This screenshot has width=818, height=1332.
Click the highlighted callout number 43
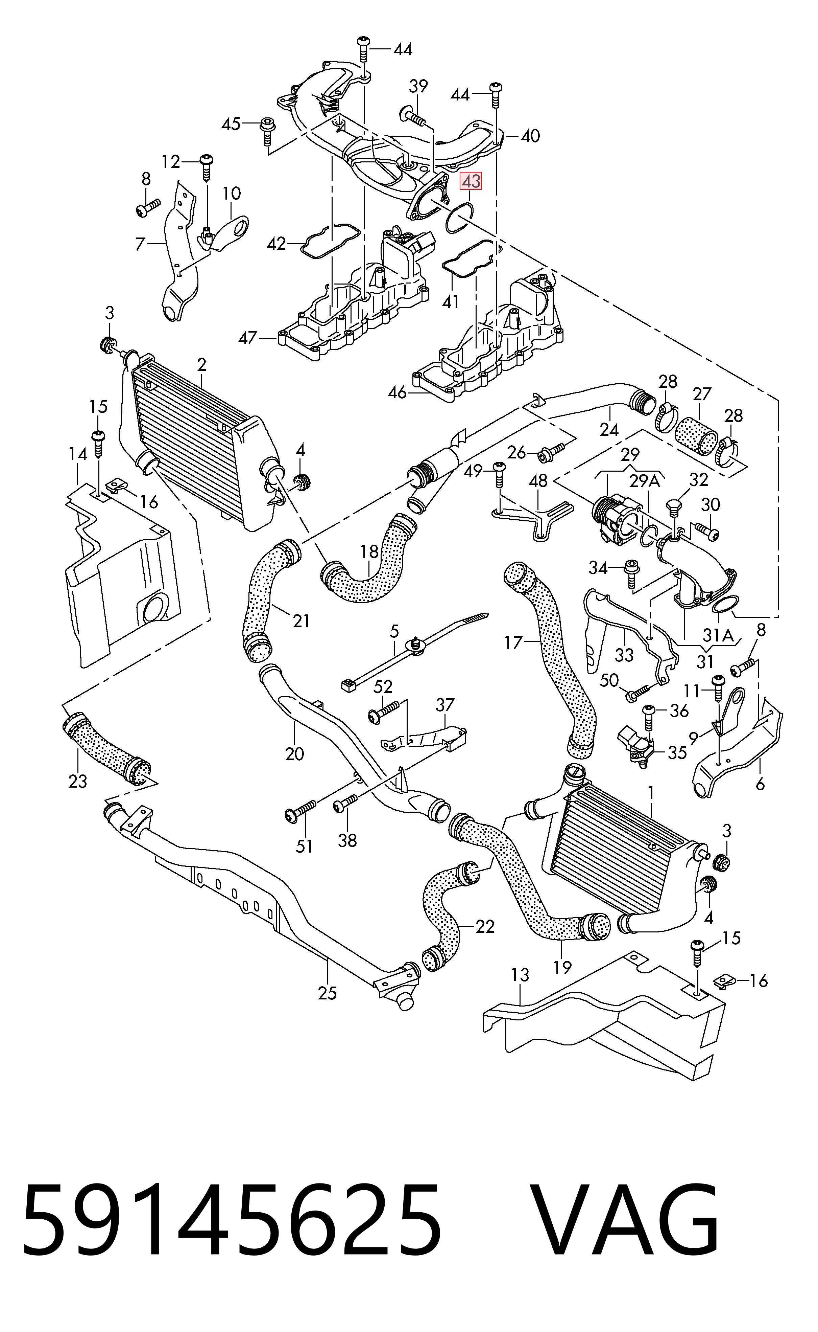[470, 181]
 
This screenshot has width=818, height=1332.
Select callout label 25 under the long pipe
[327, 993]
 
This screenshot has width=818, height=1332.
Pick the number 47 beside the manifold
[248, 338]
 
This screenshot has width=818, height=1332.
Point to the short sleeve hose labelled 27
[697, 434]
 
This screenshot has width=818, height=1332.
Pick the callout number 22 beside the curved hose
[485, 927]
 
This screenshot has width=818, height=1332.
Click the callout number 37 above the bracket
[445, 705]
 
